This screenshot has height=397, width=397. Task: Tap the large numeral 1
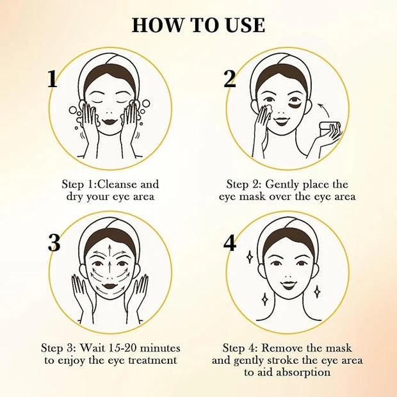pos(53,79)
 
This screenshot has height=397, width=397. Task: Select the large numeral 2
pos(230,79)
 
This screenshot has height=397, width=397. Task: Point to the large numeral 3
pos(54,243)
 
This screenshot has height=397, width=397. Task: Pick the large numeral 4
pos(230,243)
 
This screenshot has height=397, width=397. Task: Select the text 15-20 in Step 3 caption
pos(121,348)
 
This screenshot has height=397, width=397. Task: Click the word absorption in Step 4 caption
pos(303,373)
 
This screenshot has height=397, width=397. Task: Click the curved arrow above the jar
pos(323,109)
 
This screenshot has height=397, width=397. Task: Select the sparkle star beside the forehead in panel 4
pos(250,257)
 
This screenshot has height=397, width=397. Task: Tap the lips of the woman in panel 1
pos(109,121)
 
